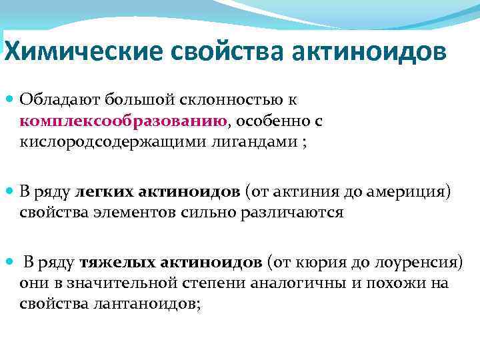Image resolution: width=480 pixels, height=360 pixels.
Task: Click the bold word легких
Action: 105,192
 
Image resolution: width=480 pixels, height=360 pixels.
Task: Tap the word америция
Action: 409,192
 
